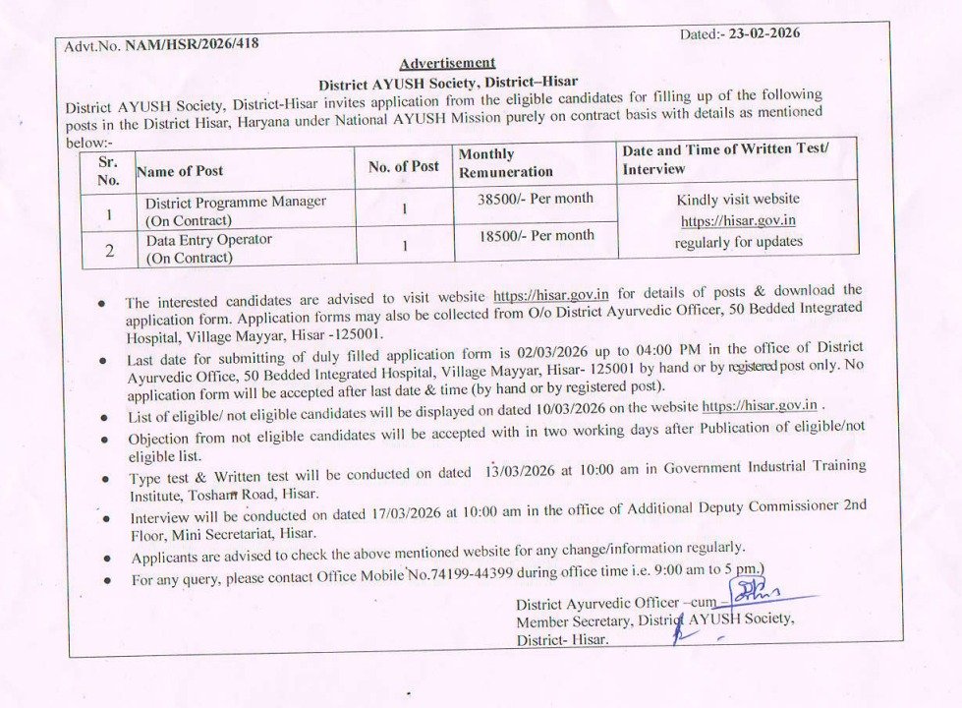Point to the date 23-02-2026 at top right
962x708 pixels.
[x=760, y=33]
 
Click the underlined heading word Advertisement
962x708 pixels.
[x=447, y=63]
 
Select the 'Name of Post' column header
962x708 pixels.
[x=180, y=171]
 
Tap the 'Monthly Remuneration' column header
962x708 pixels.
[x=505, y=163]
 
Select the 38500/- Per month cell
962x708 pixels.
[x=536, y=198]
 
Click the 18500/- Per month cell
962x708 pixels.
[x=536, y=236]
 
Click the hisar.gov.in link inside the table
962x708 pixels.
[x=738, y=220]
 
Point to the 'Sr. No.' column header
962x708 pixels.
[x=108, y=170]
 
